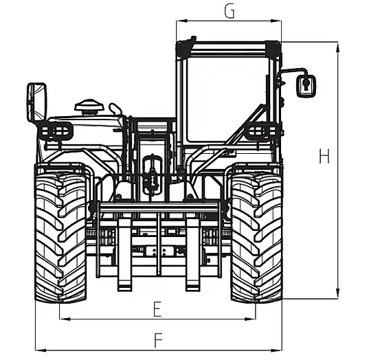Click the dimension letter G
tap(230, 12)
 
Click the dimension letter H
tap(324, 156)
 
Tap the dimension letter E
tap(157, 309)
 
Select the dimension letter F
tap(158, 340)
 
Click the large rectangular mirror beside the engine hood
tap(37, 102)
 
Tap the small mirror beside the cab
tap(306, 86)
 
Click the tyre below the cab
tap(256, 237)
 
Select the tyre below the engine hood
tap(60, 237)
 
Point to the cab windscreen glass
tap(226, 99)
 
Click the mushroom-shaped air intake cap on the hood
tap(89, 107)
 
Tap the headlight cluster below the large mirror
tap(56, 131)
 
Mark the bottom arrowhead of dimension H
tap(337, 293)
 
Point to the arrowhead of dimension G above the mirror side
tap(276, 21)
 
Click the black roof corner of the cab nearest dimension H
tap(273, 49)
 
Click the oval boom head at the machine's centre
tap(152, 175)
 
